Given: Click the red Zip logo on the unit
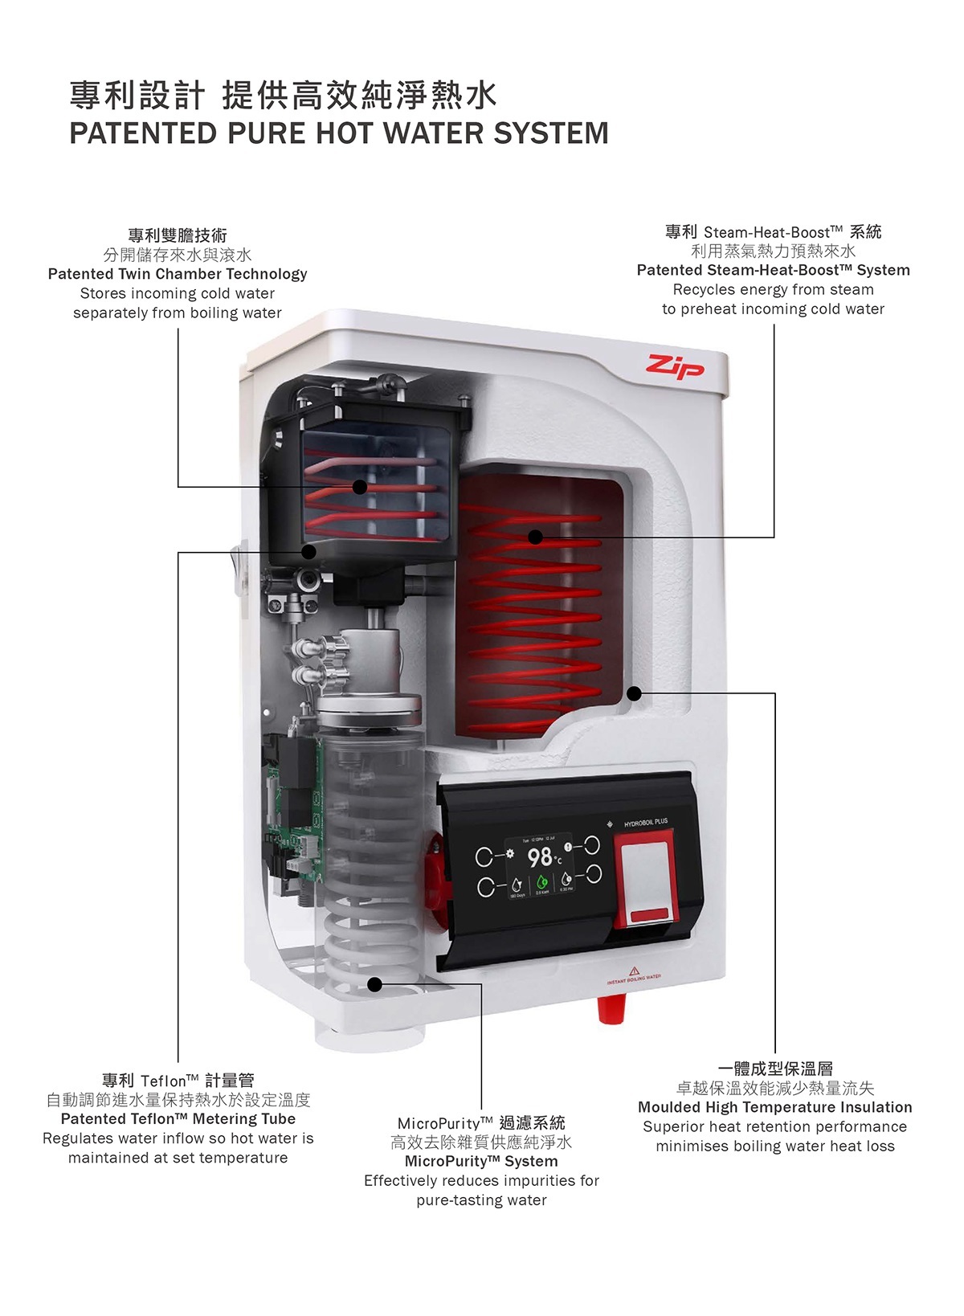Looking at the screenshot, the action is [x=676, y=367].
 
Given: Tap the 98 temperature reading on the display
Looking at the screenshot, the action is [x=541, y=856].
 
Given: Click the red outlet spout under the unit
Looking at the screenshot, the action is [x=612, y=1009].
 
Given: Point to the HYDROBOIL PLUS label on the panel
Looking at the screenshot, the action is [x=645, y=823].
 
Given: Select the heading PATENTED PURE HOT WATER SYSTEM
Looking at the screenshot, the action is [x=339, y=133].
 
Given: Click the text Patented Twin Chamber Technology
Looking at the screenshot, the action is [x=178, y=274].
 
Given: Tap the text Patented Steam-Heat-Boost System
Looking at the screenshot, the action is [x=773, y=270].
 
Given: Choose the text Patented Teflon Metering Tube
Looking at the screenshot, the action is [x=178, y=1119].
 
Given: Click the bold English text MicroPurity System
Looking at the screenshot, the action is [x=481, y=1162].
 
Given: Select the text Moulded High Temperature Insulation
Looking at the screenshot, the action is [x=775, y=1107].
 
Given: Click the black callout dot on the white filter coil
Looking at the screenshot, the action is [x=374, y=984].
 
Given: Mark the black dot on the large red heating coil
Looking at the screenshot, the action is [x=536, y=537].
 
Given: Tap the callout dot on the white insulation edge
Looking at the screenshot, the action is [x=634, y=693].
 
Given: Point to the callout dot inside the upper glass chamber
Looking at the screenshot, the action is [x=360, y=487].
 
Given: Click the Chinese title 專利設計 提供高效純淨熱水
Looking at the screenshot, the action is [x=284, y=96].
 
